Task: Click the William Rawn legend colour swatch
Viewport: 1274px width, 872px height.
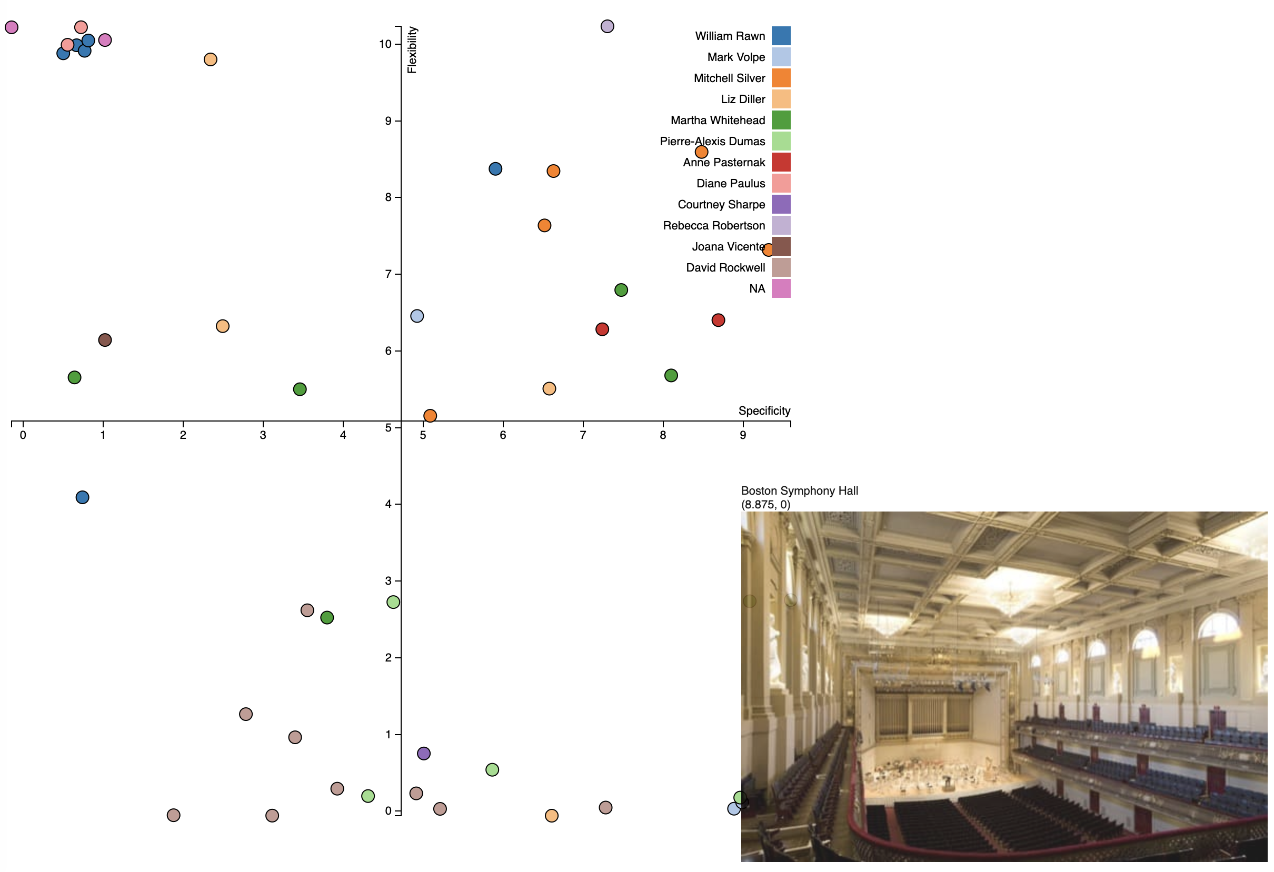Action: click(781, 36)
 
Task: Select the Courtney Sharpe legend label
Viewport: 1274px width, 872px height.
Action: click(721, 204)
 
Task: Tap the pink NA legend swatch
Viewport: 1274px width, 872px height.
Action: click(781, 288)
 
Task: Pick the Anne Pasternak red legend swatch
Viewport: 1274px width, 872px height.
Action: click(781, 162)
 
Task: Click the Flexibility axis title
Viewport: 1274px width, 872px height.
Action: click(412, 50)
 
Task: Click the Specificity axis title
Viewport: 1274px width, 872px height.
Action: click(764, 410)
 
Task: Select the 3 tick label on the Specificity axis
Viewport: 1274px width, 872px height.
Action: click(263, 435)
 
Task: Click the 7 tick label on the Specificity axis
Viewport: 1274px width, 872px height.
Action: click(583, 435)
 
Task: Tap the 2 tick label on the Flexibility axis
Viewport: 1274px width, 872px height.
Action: click(388, 658)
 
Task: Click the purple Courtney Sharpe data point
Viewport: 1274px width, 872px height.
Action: click(423, 754)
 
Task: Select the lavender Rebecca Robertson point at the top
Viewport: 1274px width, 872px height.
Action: click(607, 26)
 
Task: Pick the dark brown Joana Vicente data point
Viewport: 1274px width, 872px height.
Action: click(105, 340)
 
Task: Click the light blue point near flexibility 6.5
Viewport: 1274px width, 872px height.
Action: click(416, 316)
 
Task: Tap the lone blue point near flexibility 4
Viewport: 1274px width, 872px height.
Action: click(82, 497)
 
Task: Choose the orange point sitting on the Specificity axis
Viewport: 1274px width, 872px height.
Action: click(430, 416)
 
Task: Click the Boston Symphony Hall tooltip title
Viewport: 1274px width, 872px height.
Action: click(799, 491)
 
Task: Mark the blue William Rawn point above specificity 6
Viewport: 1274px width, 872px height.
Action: click(495, 169)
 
